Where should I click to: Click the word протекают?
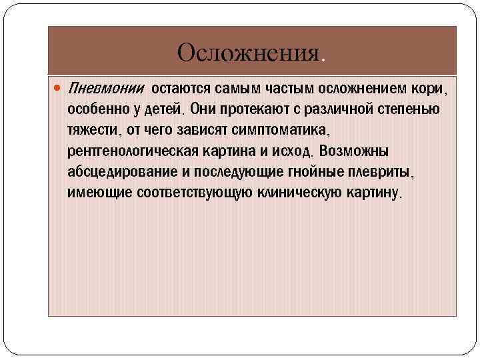click(256, 108)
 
